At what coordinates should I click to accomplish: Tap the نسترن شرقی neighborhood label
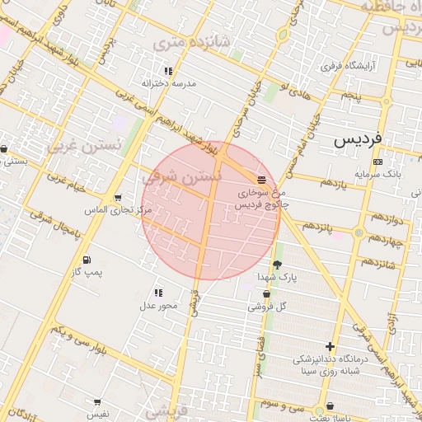coord(183,176)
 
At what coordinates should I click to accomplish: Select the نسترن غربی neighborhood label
coord(84,147)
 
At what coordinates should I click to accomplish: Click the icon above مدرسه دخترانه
coord(169,72)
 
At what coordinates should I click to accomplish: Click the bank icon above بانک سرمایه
coord(377,162)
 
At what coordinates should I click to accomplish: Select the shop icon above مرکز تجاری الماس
coord(119,198)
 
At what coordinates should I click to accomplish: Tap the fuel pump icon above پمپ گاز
coord(85,257)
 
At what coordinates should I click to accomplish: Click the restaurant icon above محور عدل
coord(157,293)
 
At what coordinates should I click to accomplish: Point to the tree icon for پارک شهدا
coord(276,265)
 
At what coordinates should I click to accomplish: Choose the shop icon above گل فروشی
coord(266,294)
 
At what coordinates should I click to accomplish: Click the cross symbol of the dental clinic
coord(331,346)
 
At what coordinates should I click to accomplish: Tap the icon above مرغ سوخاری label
coord(261,179)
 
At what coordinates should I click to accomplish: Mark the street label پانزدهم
coord(315,225)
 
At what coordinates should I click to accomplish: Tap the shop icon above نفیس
coord(98,402)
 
